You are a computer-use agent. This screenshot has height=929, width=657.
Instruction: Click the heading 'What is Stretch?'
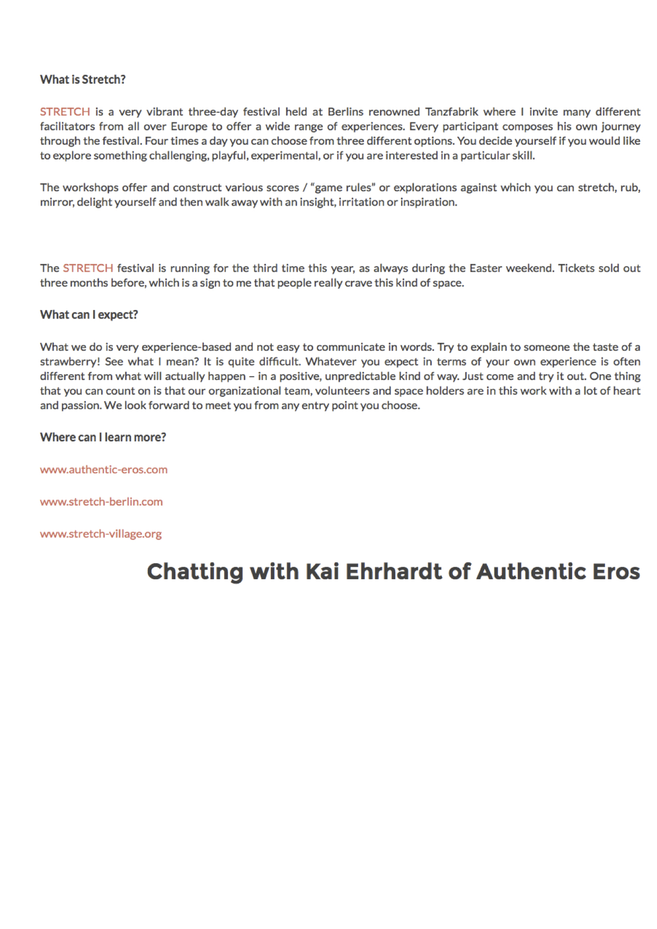tap(83, 79)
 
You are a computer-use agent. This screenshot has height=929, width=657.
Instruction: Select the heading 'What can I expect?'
tap(89, 315)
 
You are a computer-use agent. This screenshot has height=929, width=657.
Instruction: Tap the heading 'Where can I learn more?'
tap(103, 437)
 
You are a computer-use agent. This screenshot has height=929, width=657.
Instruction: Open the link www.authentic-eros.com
tap(104, 470)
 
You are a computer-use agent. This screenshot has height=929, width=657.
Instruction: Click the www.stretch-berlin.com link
tap(101, 502)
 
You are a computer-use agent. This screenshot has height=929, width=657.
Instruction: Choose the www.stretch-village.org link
tap(101, 534)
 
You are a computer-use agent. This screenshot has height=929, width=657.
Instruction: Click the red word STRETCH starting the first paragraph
tap(65, 112)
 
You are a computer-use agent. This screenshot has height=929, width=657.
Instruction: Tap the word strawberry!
tap(70, 362)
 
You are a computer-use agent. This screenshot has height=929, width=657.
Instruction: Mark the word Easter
tap(485, 268)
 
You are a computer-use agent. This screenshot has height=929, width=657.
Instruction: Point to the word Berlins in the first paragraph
tap(345, 112)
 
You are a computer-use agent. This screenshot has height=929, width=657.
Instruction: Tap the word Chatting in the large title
tap(194, 572)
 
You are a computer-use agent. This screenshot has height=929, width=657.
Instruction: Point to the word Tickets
tap(576, 268)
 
